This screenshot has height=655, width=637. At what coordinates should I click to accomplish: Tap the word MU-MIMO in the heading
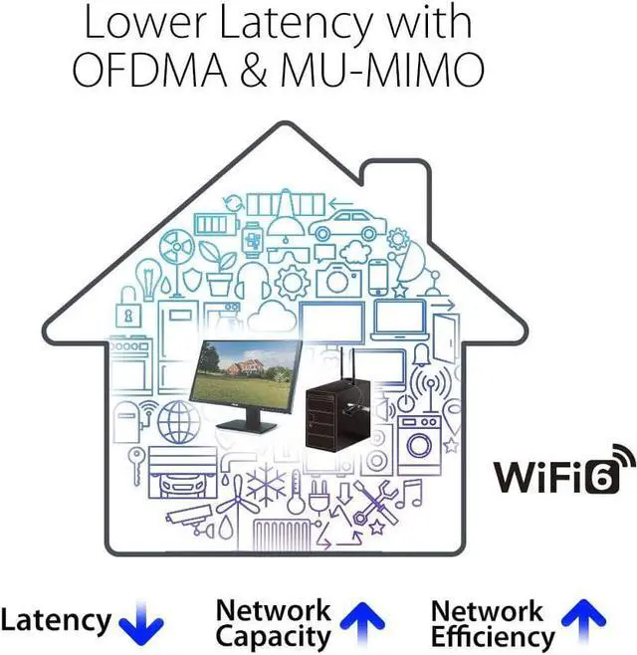tap(382, 69)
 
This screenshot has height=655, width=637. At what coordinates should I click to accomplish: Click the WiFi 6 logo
tap(565, 470)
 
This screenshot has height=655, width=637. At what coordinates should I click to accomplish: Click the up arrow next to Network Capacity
tap(362, 624)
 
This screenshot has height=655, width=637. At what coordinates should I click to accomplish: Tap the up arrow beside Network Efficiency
tap(583, 621)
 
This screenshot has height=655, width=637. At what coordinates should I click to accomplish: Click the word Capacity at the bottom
tap(273, 636)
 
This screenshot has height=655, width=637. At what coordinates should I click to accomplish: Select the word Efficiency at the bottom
tap(493, 636)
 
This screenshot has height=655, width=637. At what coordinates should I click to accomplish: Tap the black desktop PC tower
tap(338, 413)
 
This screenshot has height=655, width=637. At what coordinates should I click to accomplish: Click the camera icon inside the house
tap(338, 280)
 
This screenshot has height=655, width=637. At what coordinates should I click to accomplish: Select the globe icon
tap(179, 422)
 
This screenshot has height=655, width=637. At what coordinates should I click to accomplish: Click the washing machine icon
tap(419, 445)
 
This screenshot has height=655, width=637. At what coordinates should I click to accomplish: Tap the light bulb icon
tap(149, 279)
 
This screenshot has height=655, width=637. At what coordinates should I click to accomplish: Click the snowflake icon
tap(267, 483)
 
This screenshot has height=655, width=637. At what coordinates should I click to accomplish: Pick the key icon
tap(136, 466)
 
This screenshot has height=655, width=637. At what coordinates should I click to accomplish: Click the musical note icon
tap(408, 494)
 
